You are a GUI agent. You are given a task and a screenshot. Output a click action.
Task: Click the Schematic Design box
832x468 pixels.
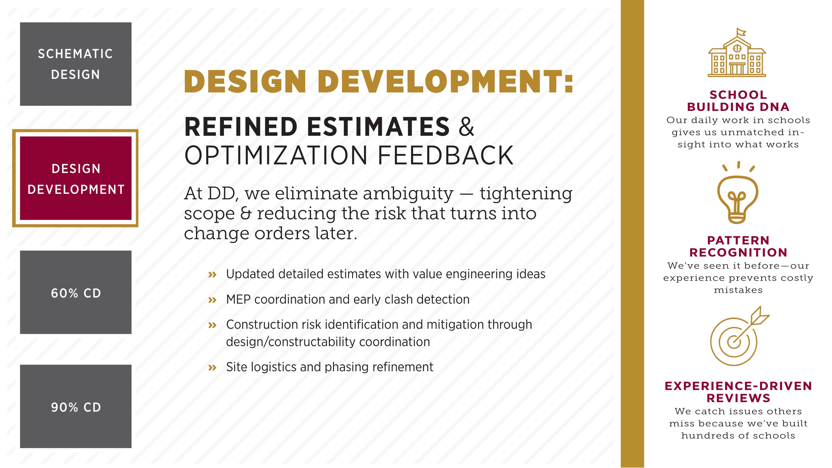76,64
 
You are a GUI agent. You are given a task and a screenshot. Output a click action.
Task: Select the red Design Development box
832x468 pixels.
76,178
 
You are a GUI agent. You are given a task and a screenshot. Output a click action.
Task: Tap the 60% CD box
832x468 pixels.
76,292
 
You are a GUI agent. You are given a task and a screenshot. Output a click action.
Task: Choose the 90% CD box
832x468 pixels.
76,406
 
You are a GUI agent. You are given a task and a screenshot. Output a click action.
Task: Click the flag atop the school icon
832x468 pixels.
741,32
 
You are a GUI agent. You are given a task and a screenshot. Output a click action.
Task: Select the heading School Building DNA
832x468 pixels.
738,101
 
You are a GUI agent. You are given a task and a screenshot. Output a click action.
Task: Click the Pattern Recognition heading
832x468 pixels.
738,246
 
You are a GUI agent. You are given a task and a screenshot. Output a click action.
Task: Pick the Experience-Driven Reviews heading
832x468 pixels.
738,392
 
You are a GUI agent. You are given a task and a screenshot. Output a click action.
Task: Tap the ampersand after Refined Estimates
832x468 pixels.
466,127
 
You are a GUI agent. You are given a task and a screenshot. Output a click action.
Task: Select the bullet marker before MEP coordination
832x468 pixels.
212,300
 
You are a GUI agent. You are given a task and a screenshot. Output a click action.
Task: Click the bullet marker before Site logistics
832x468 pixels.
212,367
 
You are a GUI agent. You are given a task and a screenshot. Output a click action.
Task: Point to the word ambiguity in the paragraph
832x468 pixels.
408,194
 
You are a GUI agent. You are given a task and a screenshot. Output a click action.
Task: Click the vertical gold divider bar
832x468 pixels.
632,234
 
